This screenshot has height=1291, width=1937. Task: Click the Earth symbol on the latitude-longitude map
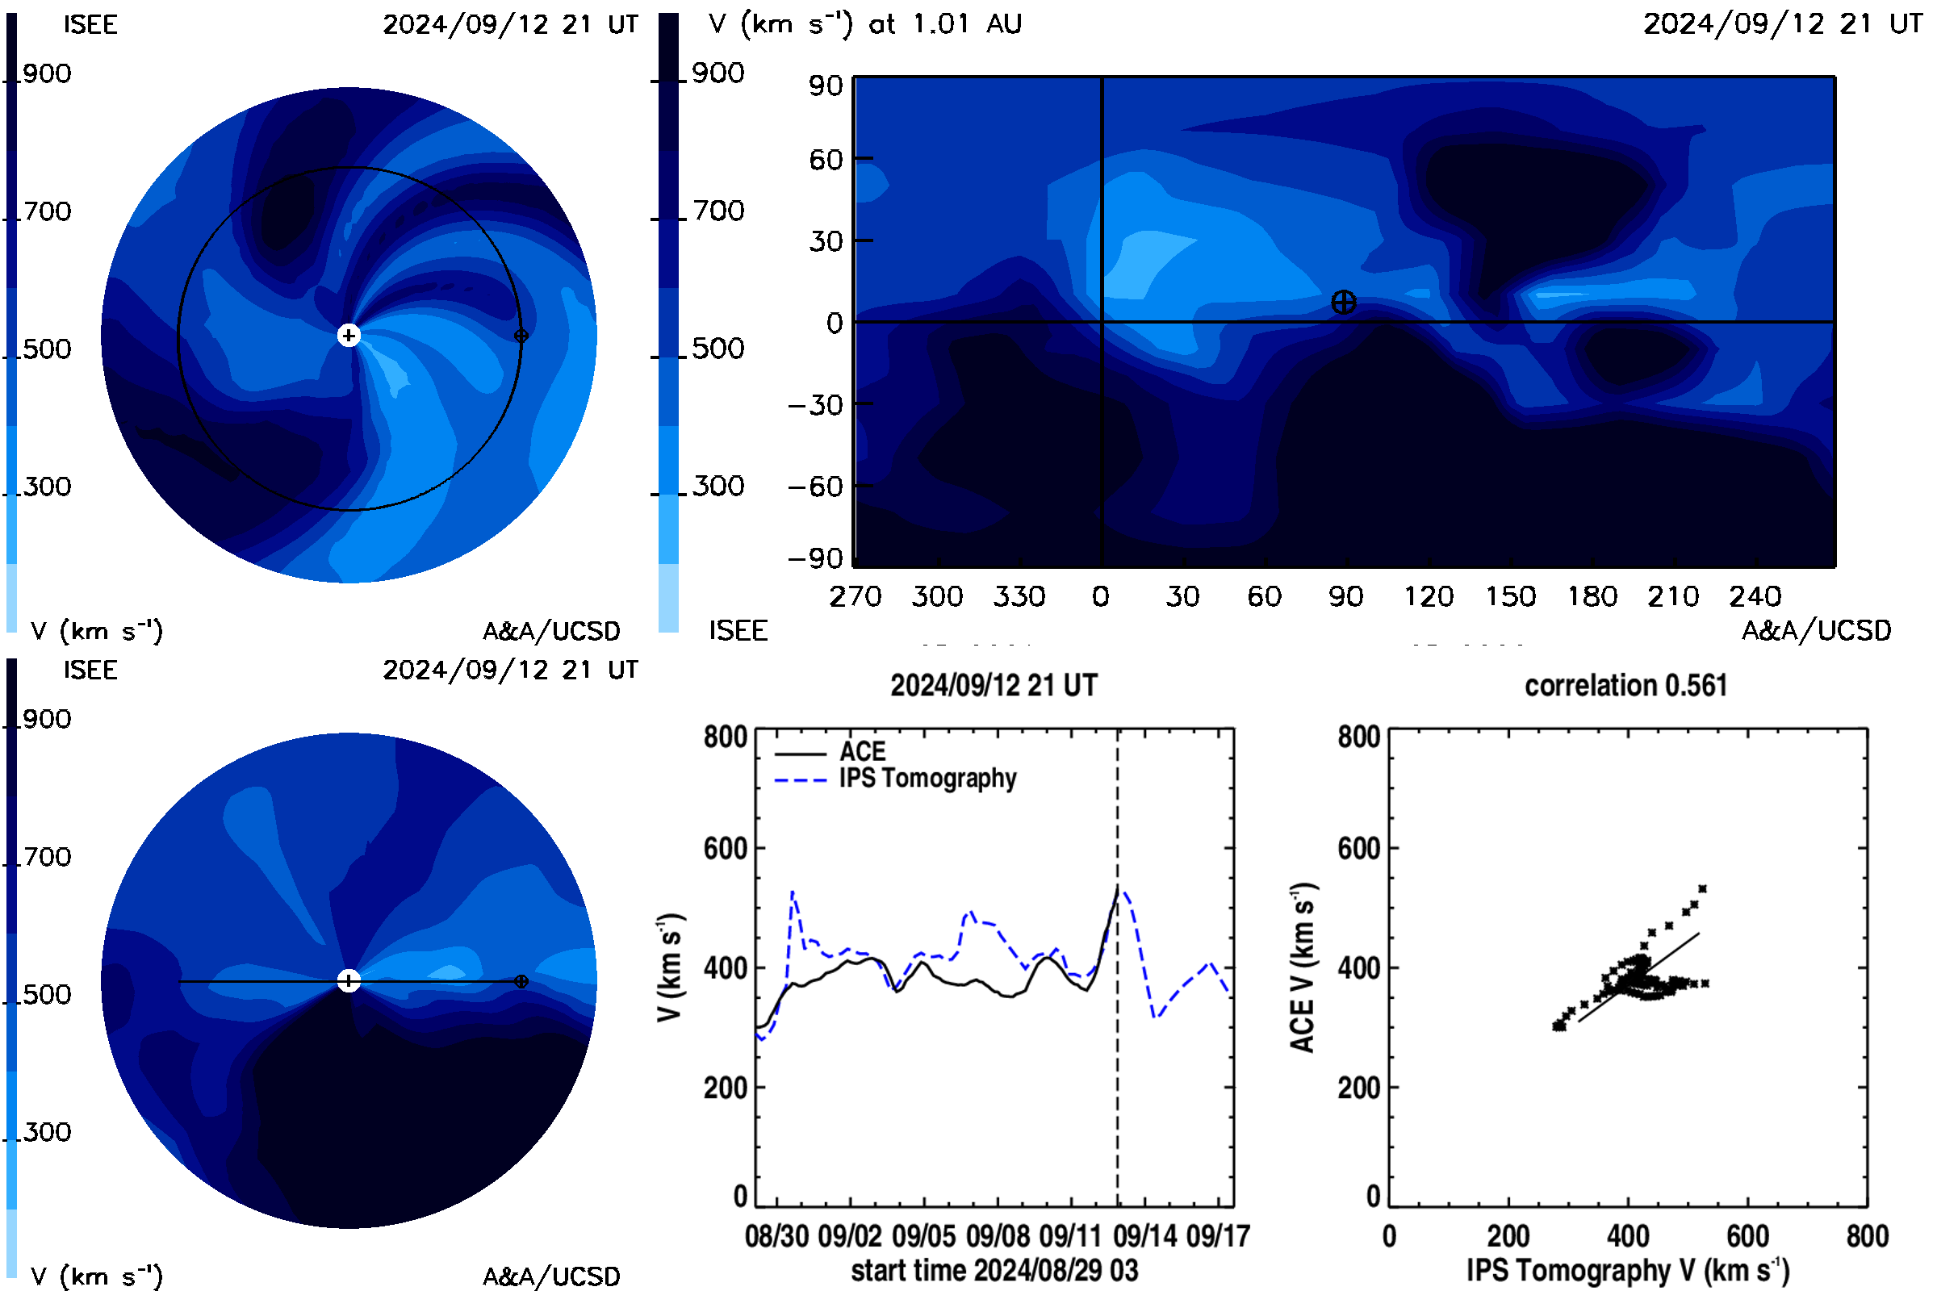1343,302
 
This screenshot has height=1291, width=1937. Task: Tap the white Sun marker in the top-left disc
349,335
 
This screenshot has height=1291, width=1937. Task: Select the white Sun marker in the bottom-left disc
349,980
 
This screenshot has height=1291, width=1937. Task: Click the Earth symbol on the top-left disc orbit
521,335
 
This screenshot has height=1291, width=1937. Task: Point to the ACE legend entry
830,752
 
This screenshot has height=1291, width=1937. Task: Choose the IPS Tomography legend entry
895,779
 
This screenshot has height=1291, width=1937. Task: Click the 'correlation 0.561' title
1625,685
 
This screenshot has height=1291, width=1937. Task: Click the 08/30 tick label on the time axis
776,1236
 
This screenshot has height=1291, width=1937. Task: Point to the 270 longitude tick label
855,596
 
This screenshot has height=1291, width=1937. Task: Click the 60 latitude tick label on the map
826,159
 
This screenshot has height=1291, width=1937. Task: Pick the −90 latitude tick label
815,558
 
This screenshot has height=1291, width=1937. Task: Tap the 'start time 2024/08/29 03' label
994,1270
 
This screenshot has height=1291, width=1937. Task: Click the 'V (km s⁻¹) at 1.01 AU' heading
865,24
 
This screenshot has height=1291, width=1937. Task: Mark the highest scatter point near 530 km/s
1702,888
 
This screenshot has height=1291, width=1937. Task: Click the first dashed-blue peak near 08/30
793,891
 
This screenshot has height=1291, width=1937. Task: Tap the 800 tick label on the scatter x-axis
1867,1236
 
